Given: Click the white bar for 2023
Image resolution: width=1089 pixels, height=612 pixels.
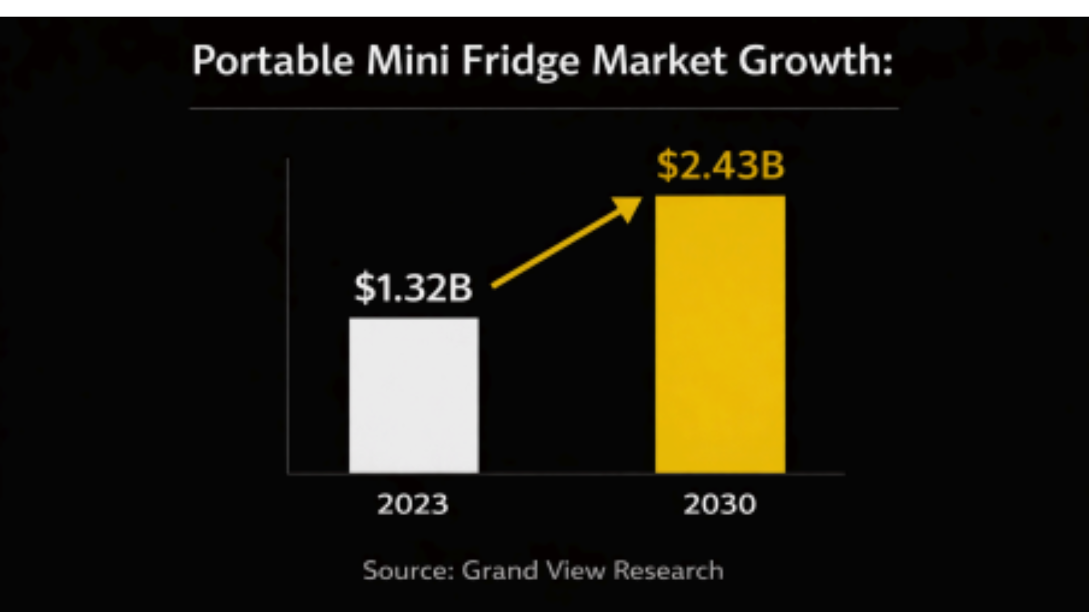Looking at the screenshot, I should click(413, 395).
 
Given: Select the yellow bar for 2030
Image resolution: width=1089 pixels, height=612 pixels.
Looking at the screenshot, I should click(720, 334).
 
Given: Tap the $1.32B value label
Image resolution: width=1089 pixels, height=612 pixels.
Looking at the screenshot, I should click(413, 288).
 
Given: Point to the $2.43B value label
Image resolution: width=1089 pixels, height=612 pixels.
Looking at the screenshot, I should click(720, 165).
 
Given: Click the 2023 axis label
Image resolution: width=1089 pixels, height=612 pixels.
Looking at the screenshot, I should click(413, 504).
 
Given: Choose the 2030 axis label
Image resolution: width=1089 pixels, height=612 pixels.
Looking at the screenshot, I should click(720, 504).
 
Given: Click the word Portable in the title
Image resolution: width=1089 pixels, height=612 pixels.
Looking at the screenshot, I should click(273, 61).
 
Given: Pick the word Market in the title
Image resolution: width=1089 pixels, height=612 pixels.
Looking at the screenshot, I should click(659, 61).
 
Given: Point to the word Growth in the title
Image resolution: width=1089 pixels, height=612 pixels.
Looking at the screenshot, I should click(809, 61).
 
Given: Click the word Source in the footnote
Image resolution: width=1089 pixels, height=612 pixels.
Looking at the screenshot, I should click(407, 571).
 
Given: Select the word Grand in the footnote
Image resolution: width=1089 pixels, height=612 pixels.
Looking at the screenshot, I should click(500, 571).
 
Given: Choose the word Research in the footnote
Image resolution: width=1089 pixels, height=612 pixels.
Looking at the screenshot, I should click(668, 571).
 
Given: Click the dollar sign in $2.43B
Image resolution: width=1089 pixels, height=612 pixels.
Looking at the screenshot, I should click(668, 165).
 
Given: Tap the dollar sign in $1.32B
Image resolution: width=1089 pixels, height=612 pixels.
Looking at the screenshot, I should click(365, 288).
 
